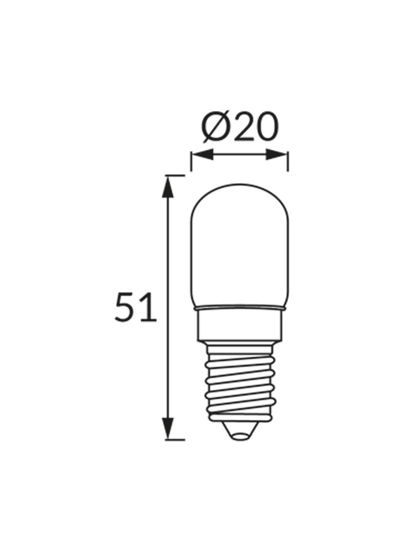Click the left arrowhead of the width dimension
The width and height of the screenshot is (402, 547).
pos(200,154)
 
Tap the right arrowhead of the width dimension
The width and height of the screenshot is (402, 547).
pos(278,154)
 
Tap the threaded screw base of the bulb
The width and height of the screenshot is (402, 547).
pos(239,382)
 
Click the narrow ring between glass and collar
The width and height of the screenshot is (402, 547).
pos(239,309)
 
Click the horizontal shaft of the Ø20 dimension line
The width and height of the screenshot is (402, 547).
pos(239,154)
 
